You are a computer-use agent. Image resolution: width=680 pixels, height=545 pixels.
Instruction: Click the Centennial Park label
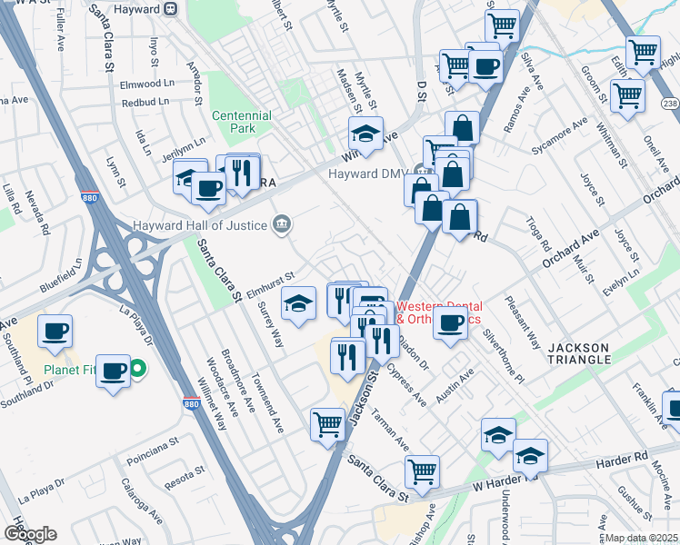(241, 123)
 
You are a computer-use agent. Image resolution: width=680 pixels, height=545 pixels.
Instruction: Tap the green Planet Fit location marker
(137, 369)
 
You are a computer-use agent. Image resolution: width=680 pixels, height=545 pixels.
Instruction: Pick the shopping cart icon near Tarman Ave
(327, 424)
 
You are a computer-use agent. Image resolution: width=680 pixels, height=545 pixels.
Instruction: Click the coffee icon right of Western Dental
(450, 323)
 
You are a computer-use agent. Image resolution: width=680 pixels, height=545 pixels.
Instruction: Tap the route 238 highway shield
(672, 104)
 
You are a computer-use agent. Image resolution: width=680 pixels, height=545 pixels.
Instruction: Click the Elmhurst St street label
(272, 275)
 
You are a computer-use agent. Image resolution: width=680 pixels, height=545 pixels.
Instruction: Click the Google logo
(30, 534)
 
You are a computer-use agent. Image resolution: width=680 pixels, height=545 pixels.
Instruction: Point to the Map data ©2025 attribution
(641, 538)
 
